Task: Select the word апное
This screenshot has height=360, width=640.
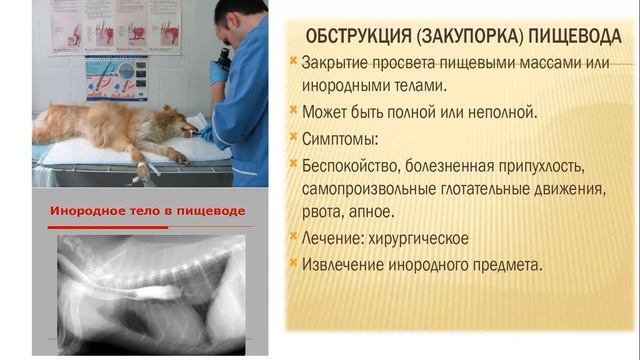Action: [371, 213]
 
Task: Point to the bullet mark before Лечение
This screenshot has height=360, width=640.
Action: [292, 240]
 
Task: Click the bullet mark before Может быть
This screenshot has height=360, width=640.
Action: [292, 111]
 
